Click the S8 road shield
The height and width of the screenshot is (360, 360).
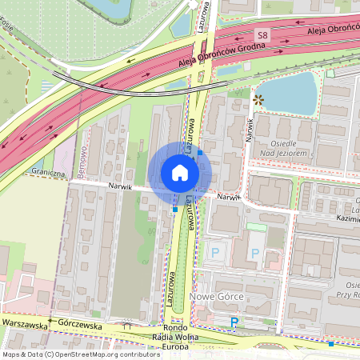[x=262, y=35]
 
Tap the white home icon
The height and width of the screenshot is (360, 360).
[x=179, y=173]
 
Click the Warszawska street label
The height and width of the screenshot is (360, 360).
[x=24, y=322]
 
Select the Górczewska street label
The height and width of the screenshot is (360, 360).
[x=80, y=326]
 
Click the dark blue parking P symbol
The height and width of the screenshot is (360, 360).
[x=234, y=322]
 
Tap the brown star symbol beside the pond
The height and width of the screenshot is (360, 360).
[x=258, y=100]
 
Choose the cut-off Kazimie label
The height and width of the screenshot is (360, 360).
[x=346, y=218]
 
